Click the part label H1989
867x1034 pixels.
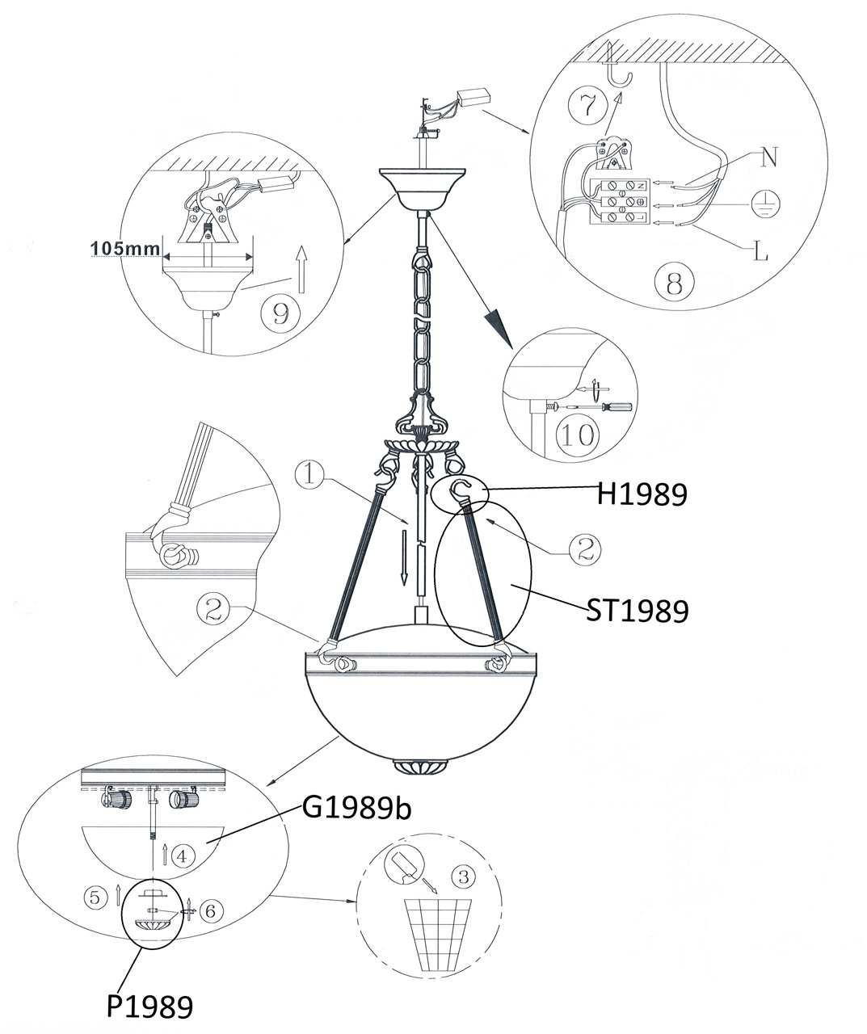coord(642,494)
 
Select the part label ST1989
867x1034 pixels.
coord(638,611)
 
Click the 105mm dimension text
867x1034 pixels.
coord(125,248)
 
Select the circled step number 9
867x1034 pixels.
coord(281,313)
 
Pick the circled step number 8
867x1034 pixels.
coord(674,283)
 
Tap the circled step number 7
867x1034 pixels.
coord(588,106)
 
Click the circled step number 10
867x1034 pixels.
coord(579,435)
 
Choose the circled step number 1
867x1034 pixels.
coord(310,476)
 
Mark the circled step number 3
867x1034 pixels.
coord(464,876)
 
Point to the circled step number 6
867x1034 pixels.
coord(211,910)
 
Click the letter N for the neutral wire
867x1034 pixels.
coord(768,158)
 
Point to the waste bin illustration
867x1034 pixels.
coord(438,941)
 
